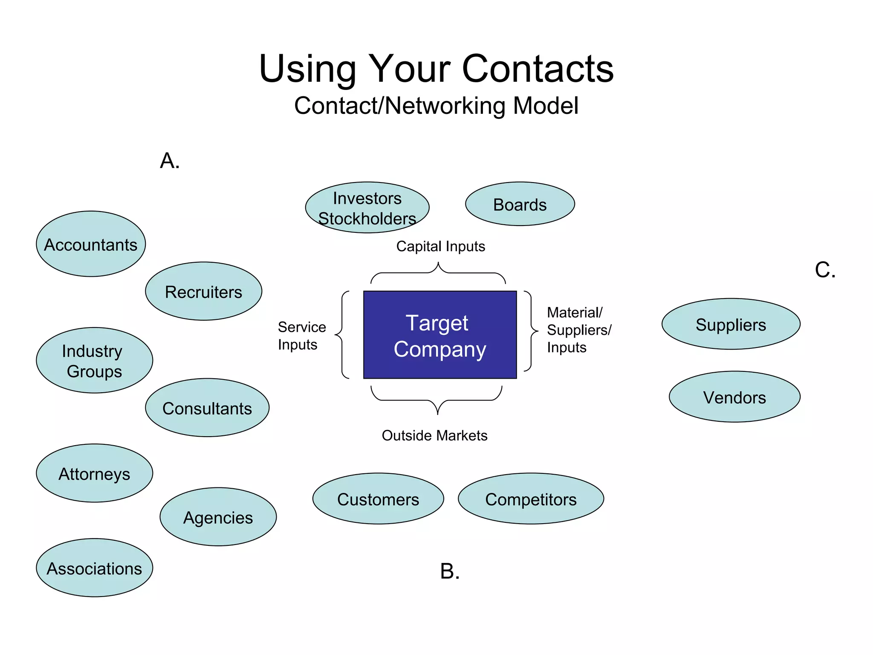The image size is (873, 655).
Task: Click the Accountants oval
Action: pos(91,244)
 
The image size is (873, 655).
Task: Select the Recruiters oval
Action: pos(203,291)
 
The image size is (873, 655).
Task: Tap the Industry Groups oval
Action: pos(94,360)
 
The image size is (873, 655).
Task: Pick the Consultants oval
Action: pos(207,408)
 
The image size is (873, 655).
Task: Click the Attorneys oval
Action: pos(94,473)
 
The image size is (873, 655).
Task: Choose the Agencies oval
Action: pos(218,517)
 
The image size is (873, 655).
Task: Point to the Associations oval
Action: pos(94,568)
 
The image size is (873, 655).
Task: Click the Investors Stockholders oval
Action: pos(367,208)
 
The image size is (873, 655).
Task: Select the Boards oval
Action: pos(520,204)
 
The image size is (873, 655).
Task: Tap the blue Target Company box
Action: pos(439,335)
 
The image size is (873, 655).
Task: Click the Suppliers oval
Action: pos(731,324)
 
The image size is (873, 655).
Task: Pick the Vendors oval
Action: pos(734,397)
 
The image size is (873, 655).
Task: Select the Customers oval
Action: pos(378,498)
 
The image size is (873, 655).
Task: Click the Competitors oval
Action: pos(531,498)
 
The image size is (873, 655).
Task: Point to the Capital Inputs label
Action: pos(440,246)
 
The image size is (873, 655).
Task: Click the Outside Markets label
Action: pos(434,435)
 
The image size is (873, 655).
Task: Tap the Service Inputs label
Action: pos(301,336)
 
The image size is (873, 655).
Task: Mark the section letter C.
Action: pos(825,270)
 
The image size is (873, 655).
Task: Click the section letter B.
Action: pos(450,571)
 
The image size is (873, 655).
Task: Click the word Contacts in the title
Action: pos(538,69)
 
